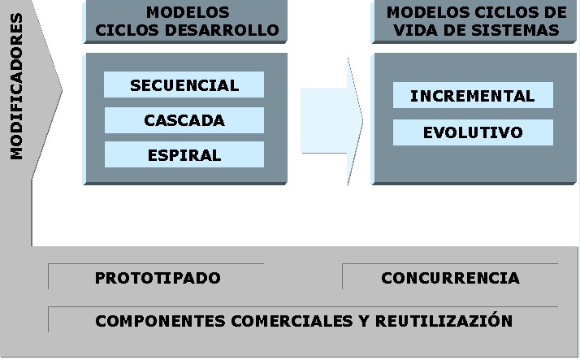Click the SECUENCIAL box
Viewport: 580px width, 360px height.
click(184, 85)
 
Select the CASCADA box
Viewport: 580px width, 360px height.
click(184, 120)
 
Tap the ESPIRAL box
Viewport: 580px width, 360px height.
click(184, 155)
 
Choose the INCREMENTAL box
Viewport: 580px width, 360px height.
click(473, 96)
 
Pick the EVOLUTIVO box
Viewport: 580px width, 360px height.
click(473, 132)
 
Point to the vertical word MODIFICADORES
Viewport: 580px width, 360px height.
click(16, 97)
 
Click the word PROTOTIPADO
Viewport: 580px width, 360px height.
click(158, 278)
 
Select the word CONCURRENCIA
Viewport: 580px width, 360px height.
click(450, 278)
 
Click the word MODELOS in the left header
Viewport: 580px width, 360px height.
click(187, 12)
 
